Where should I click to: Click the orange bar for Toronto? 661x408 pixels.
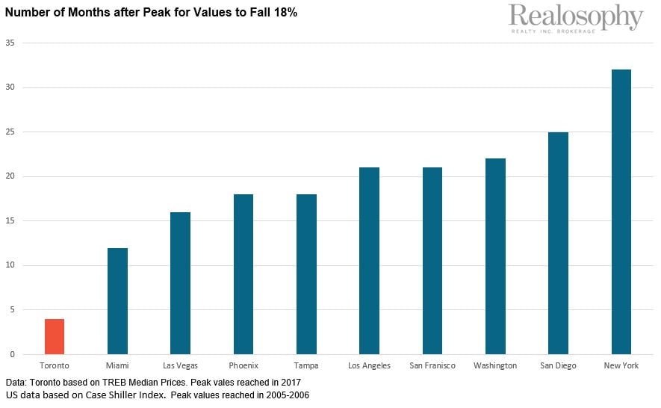click(x=55, y=336)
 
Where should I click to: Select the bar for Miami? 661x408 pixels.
click(x=117, y=301)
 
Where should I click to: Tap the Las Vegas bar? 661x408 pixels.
click(x=180, y=283)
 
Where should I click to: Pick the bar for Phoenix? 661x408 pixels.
click(x=243, y=274)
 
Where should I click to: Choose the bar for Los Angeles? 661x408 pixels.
click(x=369, y=261)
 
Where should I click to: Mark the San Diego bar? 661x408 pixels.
click(x=558, y=243)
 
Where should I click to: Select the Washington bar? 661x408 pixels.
click(x=495, y=256)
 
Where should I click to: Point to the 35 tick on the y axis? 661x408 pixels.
click(x=10, y=43)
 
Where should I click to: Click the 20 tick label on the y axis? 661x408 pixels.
click(x=10, y=176)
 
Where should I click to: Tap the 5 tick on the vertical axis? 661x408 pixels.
click(x=12, y=310)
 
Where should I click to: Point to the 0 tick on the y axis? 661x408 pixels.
click(x=12, y=354)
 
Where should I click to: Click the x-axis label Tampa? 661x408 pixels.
click(x=306, y=365)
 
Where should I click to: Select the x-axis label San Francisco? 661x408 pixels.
click(x=432, y=365)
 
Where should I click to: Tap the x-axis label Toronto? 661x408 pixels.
click(x=55, y=365)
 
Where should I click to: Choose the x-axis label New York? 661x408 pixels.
click(x=621, y=365)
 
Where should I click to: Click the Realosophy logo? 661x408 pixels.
click(x=575, y=18)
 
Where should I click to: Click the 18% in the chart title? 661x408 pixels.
click(x=285, y=13)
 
